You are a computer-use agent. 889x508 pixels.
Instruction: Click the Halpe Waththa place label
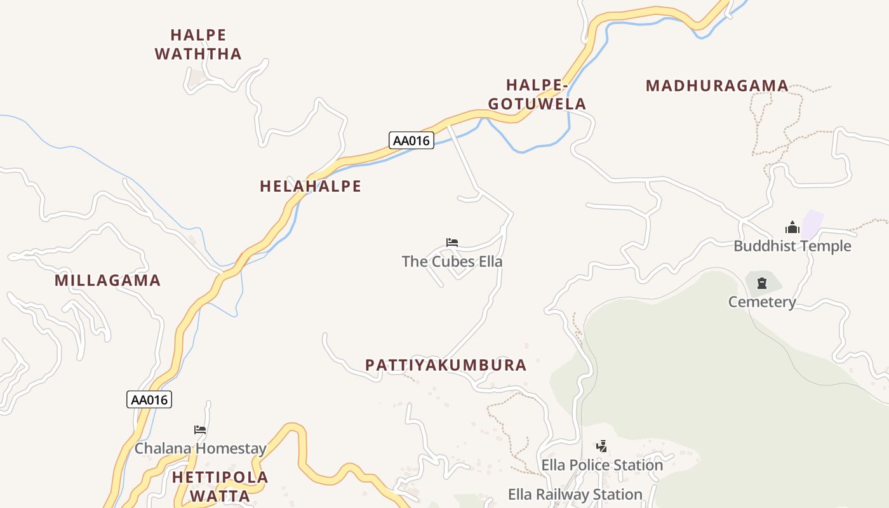click(198, 44)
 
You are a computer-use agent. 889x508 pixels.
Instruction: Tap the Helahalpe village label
click(310, 186)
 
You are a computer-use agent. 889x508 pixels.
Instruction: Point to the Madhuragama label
click(717, 86)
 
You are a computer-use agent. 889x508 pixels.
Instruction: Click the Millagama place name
click(107, 280)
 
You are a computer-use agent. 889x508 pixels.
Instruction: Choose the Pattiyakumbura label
click(446, 365)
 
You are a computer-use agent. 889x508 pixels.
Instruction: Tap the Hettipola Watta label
click(220, 486)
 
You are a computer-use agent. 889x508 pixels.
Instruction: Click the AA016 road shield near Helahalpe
click(411, 140)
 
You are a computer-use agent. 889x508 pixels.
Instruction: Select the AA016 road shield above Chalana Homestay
click(150, 399)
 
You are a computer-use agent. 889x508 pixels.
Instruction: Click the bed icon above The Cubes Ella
click(452, 243)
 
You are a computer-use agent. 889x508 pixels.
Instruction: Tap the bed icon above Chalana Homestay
click(200, 430)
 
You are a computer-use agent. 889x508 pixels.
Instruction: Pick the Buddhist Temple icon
click(792, 227)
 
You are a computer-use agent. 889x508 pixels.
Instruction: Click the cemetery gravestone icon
click(762, 283)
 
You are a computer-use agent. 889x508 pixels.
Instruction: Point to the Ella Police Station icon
click(602, 446)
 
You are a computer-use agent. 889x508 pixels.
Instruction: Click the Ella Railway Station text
click(575, 494)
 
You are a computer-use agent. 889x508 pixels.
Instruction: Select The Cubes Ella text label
click(452, 261)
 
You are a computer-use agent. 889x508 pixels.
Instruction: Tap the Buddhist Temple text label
click(792, 246)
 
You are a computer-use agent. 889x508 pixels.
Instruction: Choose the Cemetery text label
click(762, 302)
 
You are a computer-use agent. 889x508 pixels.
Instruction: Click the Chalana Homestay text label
click(200, 448)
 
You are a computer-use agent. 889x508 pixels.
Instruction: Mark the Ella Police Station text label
click(602, 465)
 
